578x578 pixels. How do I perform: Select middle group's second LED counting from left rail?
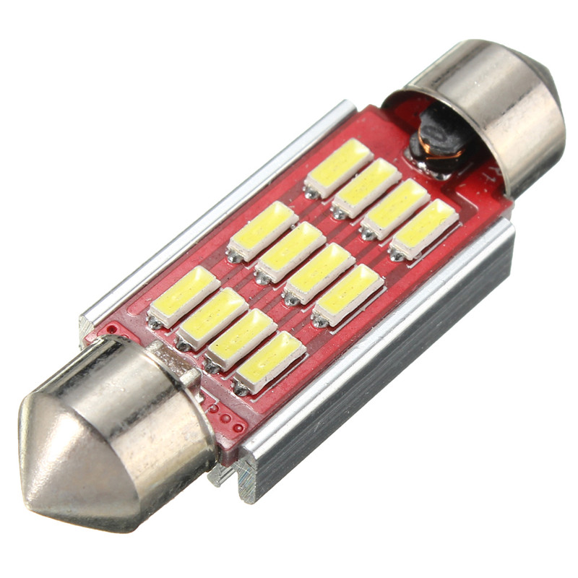pyautogui.click(x=290, y=252)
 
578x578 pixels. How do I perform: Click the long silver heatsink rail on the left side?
pyautogui.click(x=217, y=210)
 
